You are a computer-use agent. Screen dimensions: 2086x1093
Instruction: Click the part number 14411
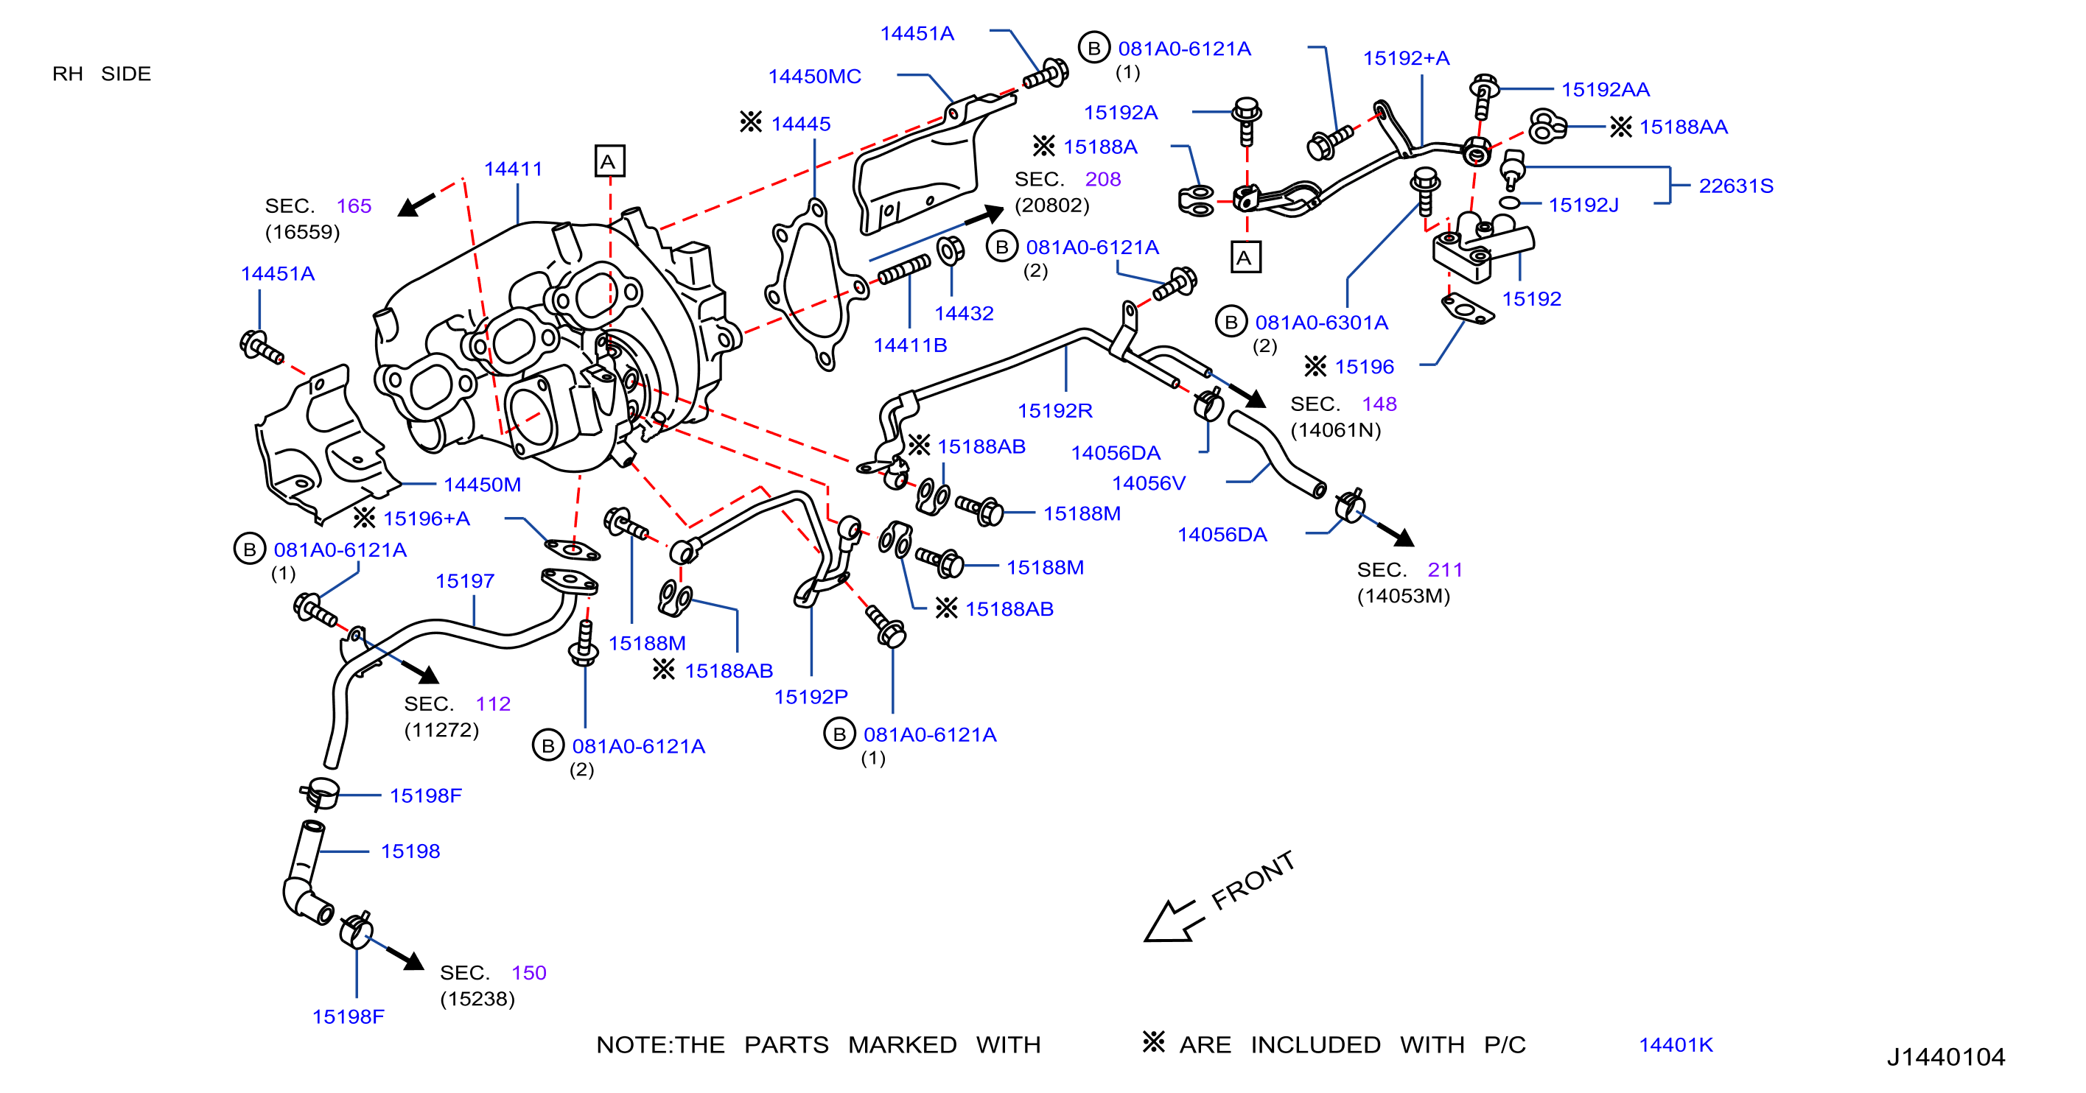[513, 169]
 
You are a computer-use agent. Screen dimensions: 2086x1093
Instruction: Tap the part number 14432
[964, 313]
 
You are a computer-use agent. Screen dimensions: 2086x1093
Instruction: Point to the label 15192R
[1054, 410]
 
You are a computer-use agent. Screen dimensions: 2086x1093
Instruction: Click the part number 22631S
[1735, 186]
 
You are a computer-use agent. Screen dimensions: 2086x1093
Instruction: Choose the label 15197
[465, 580]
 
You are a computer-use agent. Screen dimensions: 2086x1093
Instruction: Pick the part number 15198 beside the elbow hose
[410, 851]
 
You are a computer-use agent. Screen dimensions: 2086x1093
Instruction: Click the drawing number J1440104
[1945, 1057]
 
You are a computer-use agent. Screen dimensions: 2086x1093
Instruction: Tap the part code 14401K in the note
[1676, 1044]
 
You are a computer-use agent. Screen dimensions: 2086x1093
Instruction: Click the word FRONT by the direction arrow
[1253, 880]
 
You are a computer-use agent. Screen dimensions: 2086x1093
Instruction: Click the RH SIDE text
[102, 74]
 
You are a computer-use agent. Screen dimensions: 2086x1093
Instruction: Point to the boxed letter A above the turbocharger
[609, 161]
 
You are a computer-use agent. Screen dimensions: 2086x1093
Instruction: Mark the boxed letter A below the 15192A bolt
[1245, 258]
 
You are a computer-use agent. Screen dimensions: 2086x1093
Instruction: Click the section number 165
[354, 205]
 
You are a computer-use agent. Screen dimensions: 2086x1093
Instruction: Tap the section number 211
[1445, 569]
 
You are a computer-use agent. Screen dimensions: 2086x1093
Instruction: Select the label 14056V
[1148, 483]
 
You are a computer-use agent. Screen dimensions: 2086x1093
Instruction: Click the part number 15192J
[1583, 205]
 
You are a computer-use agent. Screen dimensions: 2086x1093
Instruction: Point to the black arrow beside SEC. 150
[405, 957]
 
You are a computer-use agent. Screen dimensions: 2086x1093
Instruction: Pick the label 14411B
[910, 345]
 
